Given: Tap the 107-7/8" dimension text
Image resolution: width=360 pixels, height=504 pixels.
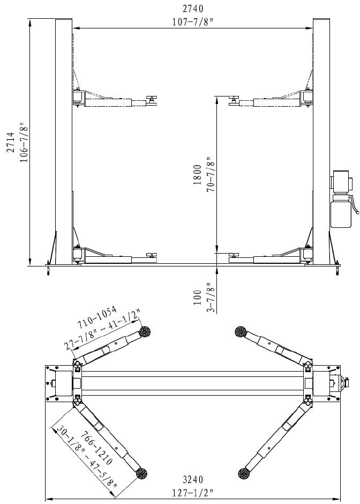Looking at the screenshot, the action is coord(193,22).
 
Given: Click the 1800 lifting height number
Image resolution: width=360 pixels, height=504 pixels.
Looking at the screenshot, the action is coord(197,175).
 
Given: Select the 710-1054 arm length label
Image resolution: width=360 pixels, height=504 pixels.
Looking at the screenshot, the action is coord(96,318).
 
